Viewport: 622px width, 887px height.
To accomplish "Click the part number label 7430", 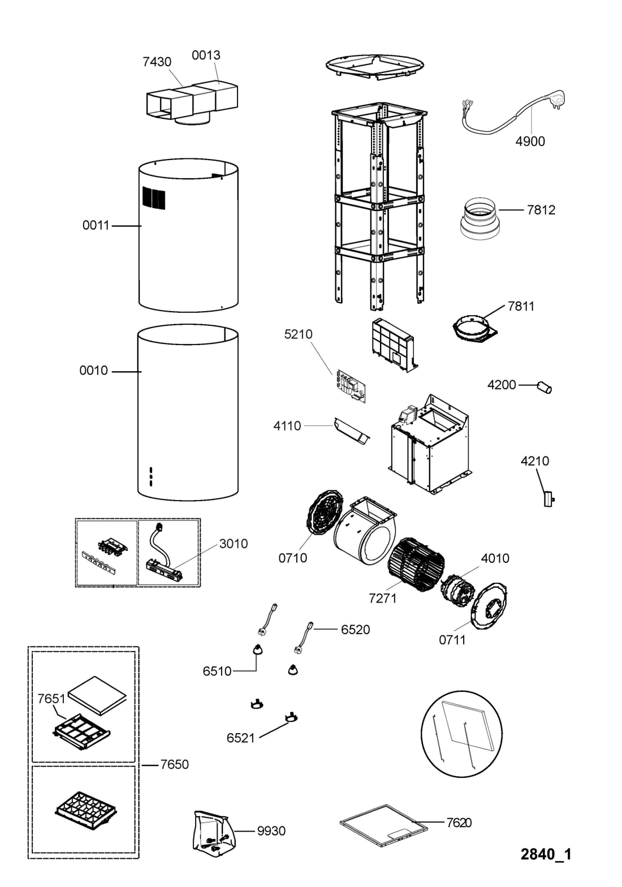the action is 157,62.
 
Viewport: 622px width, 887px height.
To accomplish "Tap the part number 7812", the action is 541,209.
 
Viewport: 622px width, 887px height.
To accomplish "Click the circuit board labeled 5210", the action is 351,386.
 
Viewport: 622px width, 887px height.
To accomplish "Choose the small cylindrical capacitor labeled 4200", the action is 544,387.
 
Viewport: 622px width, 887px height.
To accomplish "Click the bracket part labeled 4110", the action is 352,431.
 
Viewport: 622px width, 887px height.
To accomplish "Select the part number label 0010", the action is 93,370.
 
